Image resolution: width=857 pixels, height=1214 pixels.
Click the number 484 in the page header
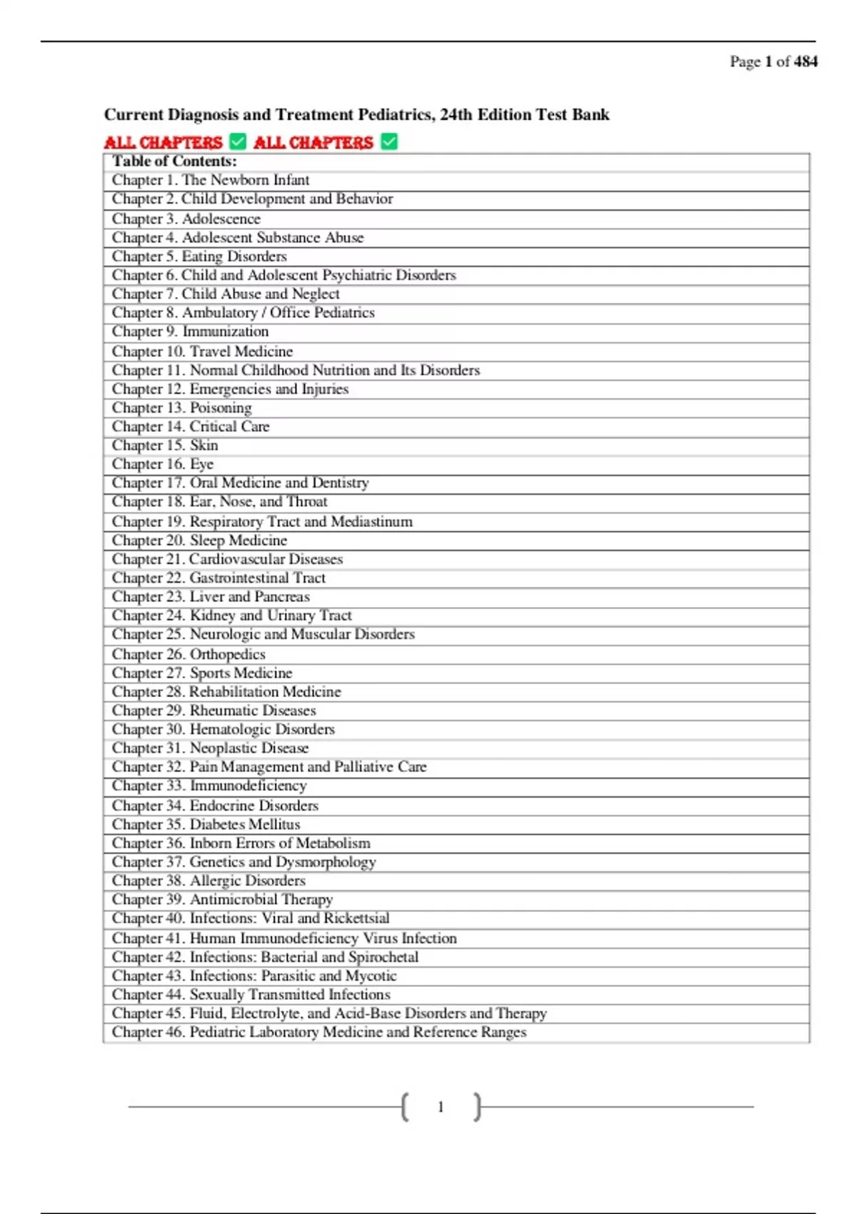pyautogui.click(x=806, y=61)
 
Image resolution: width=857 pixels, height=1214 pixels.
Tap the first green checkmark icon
pyautogui.click(x=238, y=142)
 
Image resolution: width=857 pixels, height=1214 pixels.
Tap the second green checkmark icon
pyautogui.click(x=389, y=142)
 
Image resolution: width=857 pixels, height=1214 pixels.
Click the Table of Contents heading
pyautogui.click(x=174, y=161)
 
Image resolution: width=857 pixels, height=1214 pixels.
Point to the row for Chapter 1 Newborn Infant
pyautogui.click(x=211, y=180)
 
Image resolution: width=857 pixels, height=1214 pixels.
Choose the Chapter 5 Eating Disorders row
pyautogui.click(x=199, y=256)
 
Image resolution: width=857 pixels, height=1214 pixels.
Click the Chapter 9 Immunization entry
pyautogui.click(x=190, y=331)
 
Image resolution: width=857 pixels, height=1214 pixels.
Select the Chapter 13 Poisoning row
pyautogui.click(x=181, y=408)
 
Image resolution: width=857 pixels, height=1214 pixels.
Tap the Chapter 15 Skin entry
pyautogui.click(x=165, y=446)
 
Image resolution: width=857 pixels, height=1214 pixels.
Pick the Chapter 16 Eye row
pyautogui.click(x=163, y=464)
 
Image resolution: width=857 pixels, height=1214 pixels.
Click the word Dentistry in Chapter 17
pyautogui.click(x=340, y=483)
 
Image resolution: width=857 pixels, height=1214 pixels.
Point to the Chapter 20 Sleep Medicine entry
pyautogui.click(x=199, y=541)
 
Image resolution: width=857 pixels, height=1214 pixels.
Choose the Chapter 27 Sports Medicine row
pyautogui.click(x=202, y=673)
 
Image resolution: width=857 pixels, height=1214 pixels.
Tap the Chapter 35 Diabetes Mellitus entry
pyautogui.click(x=206, y=824)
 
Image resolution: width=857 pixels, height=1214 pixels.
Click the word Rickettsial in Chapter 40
pyautogui.click(x=356, y=918)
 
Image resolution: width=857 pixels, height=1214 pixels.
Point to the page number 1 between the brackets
pyautogui.click(x=441, y=1107)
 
